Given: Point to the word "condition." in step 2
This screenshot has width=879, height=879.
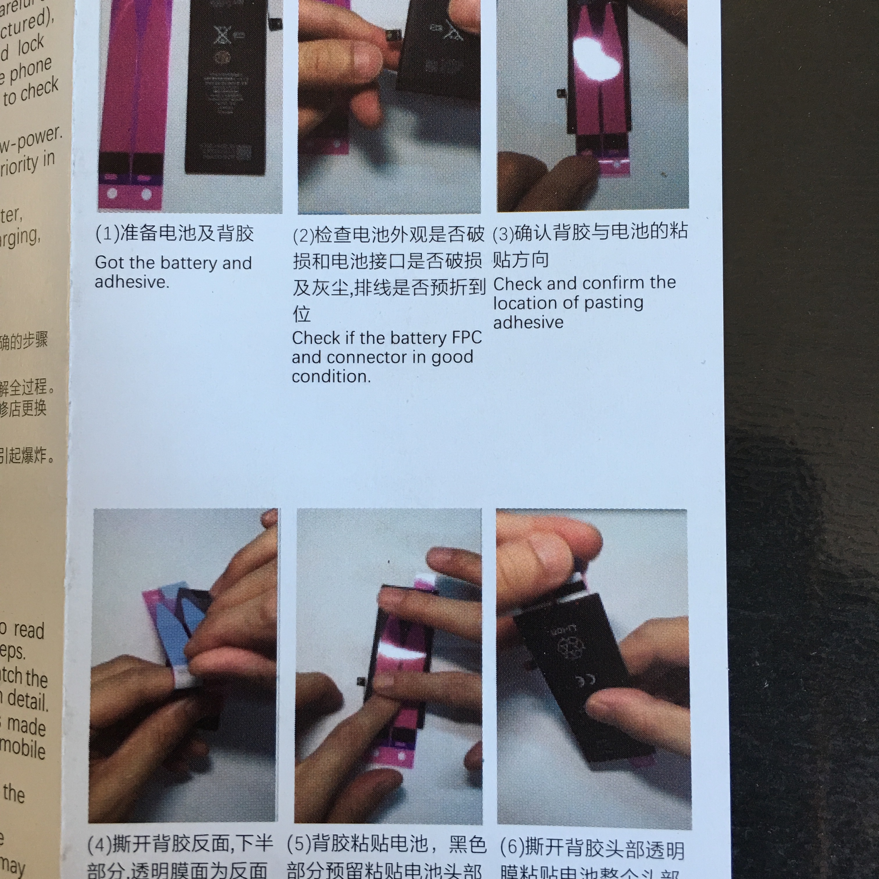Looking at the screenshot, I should (331, 377).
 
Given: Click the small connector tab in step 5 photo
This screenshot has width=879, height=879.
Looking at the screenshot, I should (361, 681).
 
